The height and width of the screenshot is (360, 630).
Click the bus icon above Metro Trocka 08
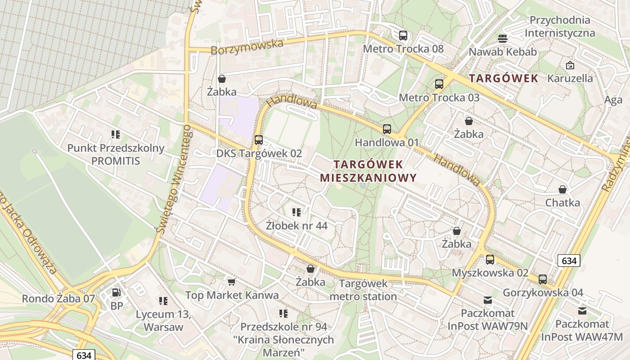403,36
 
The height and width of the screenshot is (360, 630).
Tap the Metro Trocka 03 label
439,98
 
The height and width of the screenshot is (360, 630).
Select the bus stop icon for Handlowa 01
387,129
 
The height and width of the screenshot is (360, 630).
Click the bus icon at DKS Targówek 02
258,140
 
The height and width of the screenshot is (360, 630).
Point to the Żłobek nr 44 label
296,225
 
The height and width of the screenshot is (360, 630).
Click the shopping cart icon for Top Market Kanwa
231,282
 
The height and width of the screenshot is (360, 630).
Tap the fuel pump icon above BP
116,292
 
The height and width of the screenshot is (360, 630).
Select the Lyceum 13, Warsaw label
163,320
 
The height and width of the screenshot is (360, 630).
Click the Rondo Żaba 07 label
58,298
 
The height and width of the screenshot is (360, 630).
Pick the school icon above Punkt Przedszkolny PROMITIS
116,134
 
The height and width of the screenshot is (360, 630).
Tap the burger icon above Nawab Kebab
503,39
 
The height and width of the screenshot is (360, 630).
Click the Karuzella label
570,78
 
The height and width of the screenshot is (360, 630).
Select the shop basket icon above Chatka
562,189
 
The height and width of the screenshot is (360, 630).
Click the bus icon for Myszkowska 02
490,260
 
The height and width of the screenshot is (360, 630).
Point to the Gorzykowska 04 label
543,292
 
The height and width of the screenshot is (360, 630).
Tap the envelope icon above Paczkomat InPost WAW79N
488,300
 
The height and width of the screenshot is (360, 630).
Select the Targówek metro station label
363,290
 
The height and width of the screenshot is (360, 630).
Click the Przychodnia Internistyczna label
560,27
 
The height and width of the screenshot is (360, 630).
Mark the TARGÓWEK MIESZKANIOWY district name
368,171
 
